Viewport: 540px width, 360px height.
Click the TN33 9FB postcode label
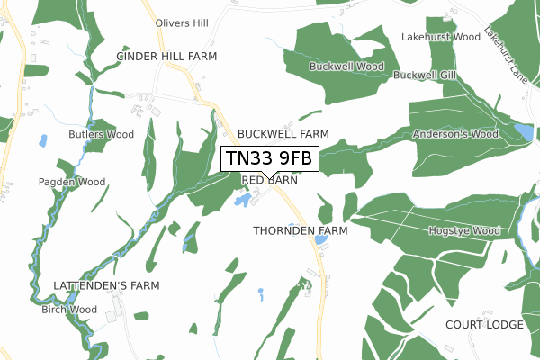[270, 159]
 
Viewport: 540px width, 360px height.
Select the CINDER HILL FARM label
[167, 56]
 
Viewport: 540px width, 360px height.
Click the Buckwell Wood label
[346, 67]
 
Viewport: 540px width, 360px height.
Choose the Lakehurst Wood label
[441, 38]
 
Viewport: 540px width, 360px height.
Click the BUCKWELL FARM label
[283, 133]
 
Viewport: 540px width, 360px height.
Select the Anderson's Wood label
[455, 134]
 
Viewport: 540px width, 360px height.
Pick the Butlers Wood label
[101, 135]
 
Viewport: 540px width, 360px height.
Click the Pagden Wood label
[72, 182]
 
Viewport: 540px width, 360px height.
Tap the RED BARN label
[270, 180]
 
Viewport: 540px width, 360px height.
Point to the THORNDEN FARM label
[301, 230]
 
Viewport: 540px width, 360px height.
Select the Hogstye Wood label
[463, 231]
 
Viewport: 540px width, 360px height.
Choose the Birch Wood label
[68, 310]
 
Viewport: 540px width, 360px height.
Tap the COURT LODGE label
[485, 324]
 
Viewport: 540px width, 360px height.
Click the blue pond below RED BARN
[242, 200]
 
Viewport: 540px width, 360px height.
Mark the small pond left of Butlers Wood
[42, 140]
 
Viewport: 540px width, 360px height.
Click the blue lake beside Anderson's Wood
[524, 133]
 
